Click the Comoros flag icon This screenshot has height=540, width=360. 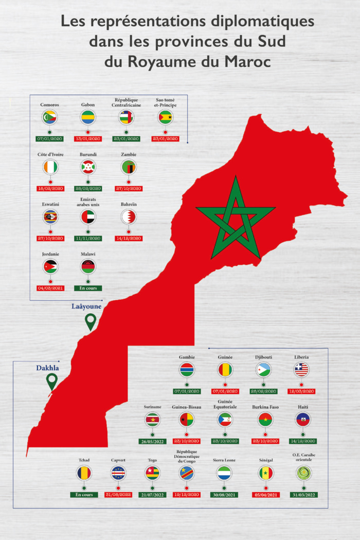click(50, 117)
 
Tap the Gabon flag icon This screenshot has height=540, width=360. click(88, 117)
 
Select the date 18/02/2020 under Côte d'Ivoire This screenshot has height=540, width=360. click(50, 189)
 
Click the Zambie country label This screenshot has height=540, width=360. click(129, 154)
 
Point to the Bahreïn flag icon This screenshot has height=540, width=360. click(129, 217)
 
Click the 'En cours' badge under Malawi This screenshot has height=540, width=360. click(88, 288)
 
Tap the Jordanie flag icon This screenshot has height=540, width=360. click(50, 266)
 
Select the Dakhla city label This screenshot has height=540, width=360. click(47, 368)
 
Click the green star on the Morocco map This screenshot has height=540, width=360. click(236, 219)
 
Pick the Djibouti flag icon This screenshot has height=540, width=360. click(263, 369)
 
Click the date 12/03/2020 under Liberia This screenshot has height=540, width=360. click(301, 391)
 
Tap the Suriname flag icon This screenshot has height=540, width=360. click(152, 420)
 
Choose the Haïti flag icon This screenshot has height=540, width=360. click(303, 420)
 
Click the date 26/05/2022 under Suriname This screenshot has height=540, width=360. click(152, 441)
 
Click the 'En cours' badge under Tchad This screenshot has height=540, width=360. click(84, 495)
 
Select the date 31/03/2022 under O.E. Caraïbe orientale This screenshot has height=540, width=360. click(303, 495)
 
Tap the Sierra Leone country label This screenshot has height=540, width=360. click(224, 460)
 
